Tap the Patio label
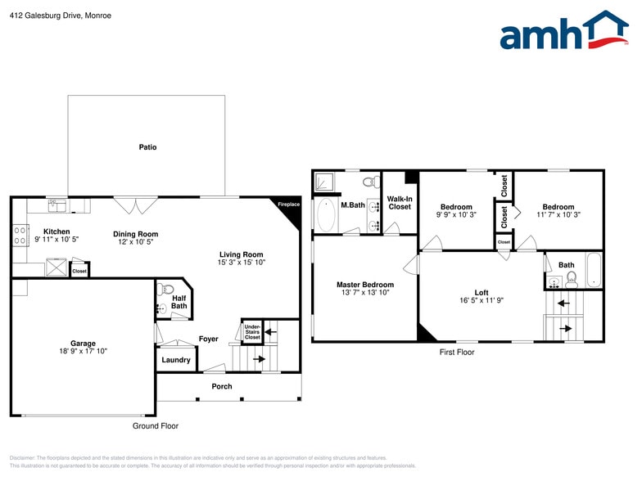pyautogui.click(x=147, y=147)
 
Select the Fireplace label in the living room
pyautogui.click(x=288, y=204)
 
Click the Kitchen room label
pyautogui.click(x=57, y=232)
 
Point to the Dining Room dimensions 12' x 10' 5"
pyautogui.click(x=135, y=242)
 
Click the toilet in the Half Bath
pyautogui.click(x=168, y=289)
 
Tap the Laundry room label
pyautogui.click(x=176, y=360)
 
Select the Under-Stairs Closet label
pyautogui.click(x=252, y=331)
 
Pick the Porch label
pyautogui.click(x=222, y=386)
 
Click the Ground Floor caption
pyautogui.click(x=156, y=426)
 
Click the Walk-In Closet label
pyautogui.click(x=400, y=203)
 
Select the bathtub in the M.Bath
pyautogui.click(x=324, y=214)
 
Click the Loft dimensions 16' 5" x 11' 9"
pyautogui.click(x=481, y=300)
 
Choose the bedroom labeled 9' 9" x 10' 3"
pyautogui.click(x=456, y=211)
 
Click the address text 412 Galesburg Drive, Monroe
pyautogui.click(x=61, y=16)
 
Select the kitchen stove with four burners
pyautogui.click(x=20, y=236)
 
